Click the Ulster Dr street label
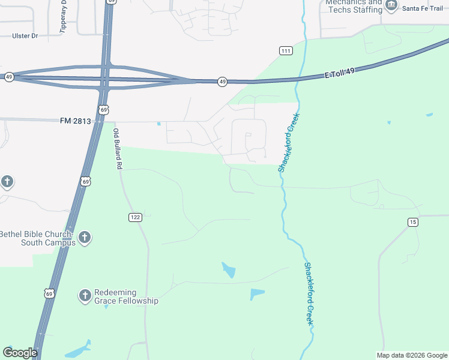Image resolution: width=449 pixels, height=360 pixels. (25, 36)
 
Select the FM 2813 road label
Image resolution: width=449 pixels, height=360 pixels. (76, 121)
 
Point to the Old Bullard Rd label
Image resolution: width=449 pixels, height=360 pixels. (118, 148)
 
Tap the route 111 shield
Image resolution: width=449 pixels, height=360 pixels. (286, 51)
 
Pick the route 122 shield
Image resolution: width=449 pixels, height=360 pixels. (134, 217)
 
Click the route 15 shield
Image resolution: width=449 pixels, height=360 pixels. (412, 223)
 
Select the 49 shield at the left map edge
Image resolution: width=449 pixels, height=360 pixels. (8, 77)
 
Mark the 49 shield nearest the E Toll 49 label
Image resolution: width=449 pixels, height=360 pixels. (222, 82)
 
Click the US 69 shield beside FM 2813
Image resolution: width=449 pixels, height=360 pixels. (104, 110)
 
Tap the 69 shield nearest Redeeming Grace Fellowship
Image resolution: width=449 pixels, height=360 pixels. (49, 293)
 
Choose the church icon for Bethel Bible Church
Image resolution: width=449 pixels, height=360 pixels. (85, 238)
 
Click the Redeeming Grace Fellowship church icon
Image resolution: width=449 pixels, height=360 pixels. (85, 295)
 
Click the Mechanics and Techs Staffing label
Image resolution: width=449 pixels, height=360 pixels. (354, 6)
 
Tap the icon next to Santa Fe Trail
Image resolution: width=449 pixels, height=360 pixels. (391, 6)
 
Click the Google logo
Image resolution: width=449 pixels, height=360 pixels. (20, 353)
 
